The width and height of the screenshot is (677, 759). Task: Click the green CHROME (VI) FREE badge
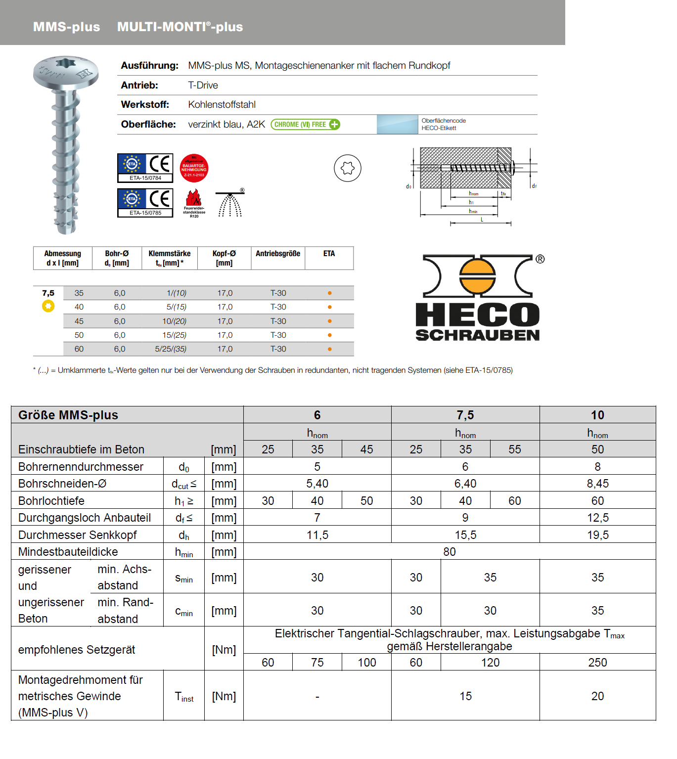305,125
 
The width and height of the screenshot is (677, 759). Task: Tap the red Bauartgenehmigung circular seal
194,168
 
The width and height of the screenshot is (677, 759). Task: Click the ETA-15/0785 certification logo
145,203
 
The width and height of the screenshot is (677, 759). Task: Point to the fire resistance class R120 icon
194,203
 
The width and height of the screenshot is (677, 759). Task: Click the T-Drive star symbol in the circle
348,168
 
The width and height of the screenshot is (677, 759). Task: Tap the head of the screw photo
65,72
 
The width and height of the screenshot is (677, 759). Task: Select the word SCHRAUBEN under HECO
477,335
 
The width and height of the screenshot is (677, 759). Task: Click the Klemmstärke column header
169,258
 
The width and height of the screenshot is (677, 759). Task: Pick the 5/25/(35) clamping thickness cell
171,349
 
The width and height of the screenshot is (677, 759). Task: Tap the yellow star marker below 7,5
48,306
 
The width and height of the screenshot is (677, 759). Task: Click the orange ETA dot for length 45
329,321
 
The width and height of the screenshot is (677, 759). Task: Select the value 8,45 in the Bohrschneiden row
597,484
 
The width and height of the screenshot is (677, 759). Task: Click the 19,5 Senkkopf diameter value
597,535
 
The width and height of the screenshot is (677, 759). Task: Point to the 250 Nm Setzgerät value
597,663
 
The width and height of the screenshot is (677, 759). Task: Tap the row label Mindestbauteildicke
68,552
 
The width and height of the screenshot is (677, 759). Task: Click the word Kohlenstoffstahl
222,105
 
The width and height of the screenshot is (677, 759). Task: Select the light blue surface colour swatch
397,125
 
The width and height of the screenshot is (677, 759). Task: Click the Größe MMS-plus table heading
68,415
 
